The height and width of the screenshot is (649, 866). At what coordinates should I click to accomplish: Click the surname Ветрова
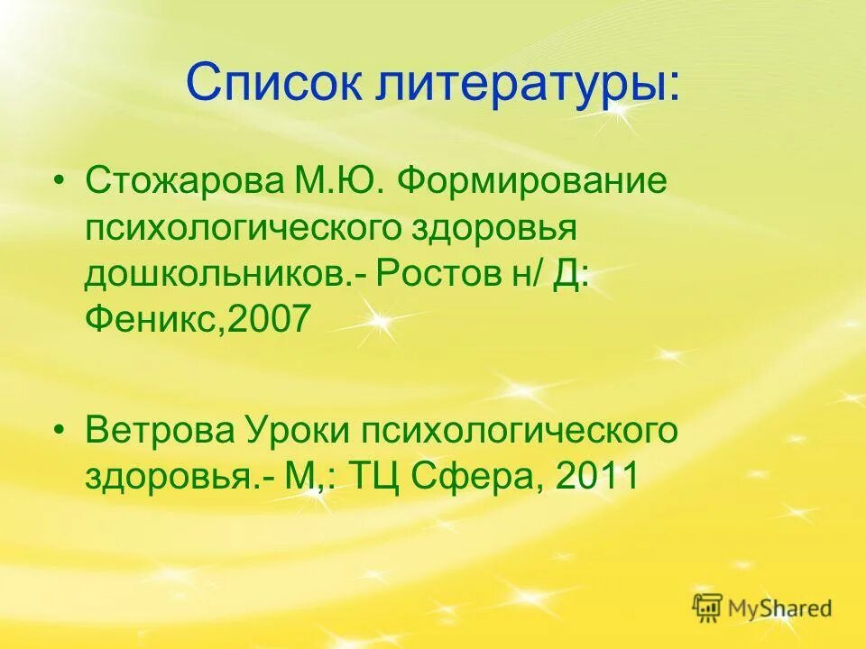[157, 431]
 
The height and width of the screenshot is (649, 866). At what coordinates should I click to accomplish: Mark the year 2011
[597, 476]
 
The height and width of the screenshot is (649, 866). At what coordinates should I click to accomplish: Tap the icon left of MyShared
[706, 608]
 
